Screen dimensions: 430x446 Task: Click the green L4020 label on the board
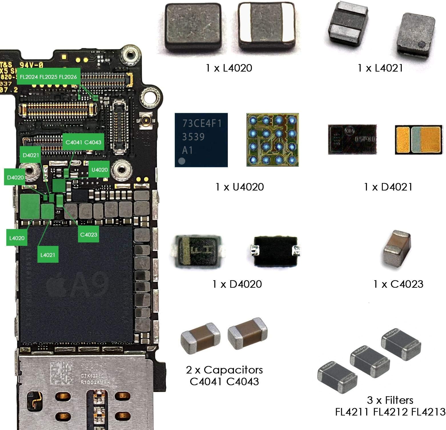coord(17,238)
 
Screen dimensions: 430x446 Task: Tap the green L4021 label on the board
coord(48,255)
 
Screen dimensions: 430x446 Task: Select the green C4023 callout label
coord(89,235)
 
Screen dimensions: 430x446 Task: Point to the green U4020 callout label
coord(99,170)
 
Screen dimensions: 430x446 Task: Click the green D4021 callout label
coord(31,155)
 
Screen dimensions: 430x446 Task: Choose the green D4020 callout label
coord(15,178)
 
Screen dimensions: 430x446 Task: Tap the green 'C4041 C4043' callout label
coord(83,142)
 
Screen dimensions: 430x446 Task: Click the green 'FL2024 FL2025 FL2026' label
coord(48,77)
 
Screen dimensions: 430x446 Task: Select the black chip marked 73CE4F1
coord(201,140)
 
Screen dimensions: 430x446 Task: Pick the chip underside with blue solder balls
coord(272,140)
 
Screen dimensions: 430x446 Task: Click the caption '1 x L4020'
coord(229,68)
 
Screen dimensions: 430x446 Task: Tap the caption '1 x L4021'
coord(380,68)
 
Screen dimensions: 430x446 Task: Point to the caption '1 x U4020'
coord(240,187)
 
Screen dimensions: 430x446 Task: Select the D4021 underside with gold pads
coord(418,140)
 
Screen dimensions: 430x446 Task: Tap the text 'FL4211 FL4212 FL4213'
coord(390,412)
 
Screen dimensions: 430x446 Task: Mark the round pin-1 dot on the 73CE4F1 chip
coord(182,161)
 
